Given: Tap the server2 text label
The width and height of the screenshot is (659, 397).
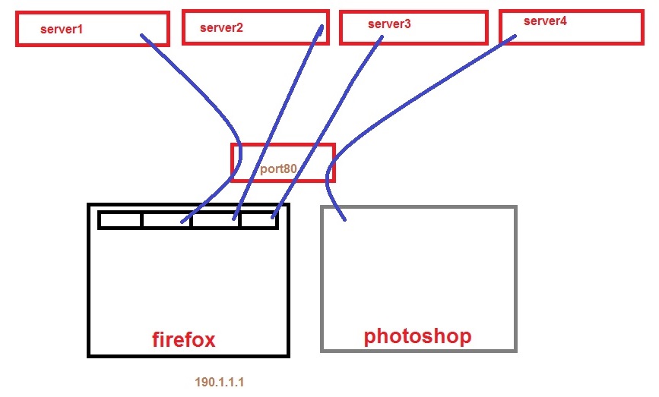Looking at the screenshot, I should point(221,28).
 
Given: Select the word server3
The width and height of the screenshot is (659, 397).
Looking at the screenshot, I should point(388,24).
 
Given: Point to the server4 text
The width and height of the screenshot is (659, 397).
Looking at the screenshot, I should point(545,21).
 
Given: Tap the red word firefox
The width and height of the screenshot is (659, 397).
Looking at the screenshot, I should point(183,339).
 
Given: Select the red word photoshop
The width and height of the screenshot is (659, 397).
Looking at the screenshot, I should point(417,336).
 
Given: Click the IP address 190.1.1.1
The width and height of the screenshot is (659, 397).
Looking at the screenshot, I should point(219,383).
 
